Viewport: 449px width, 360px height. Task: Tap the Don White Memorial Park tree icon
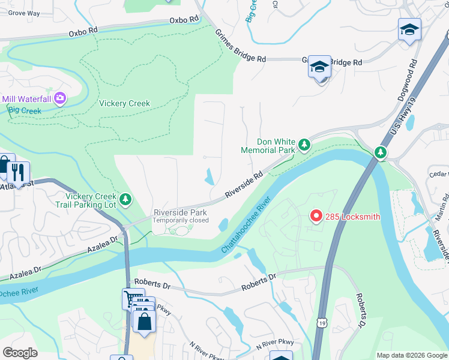tap(304, 145)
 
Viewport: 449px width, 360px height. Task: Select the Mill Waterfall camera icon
tap(59, 98)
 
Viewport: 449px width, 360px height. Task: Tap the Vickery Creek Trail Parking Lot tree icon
tap(125, 198)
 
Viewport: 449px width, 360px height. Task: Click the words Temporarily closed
tap(180, 220)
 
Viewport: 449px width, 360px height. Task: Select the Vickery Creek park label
tap(125, 103)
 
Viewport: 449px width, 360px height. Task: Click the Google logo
tap(20, 352)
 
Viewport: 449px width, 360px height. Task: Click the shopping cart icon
tap(132, 298)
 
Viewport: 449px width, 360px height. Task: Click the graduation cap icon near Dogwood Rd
tap(409, 29)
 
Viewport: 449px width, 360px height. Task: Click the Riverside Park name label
tap(180, 212)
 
